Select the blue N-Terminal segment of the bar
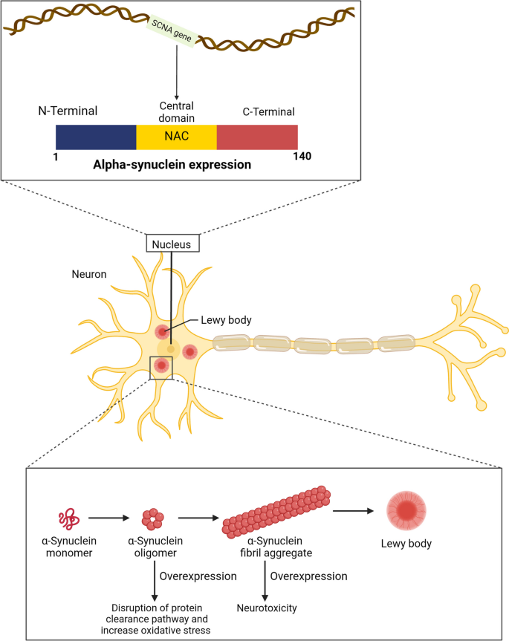pos(96,137)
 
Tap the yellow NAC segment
pos(176,137)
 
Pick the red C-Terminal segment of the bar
pos(257,137)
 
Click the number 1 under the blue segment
pos(57,157)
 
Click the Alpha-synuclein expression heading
pos(177,164)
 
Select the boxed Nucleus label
pos(172,244)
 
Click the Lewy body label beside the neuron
pos(226,320)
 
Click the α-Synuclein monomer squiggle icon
pos(66,518)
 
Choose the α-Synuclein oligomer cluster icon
pos(153,518)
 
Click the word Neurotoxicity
pos(266,607)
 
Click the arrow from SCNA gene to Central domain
pos(177,74)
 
